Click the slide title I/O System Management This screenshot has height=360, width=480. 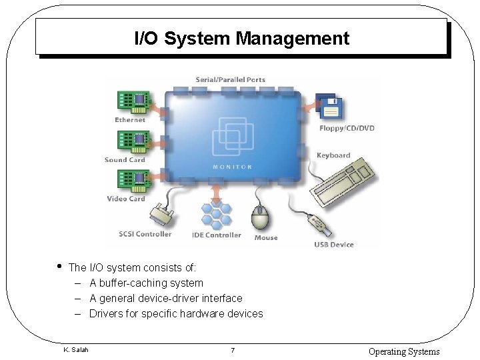click(241, 38)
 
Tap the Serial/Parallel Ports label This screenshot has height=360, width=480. click(230, 80)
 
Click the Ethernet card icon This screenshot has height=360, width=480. click(132, 102)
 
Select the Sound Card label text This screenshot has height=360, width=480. click(125, 160)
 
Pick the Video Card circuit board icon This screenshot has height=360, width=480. click(132, 181)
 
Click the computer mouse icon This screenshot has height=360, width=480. click(261, 217)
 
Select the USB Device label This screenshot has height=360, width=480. click(334, 245)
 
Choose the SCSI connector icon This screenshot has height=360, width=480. click(161, 215)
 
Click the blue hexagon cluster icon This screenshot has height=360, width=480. click(216, 213)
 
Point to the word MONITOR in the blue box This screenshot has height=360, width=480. click(233, 167)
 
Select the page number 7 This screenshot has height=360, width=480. click(231, 351)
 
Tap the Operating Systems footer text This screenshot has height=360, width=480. click(404, 351)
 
